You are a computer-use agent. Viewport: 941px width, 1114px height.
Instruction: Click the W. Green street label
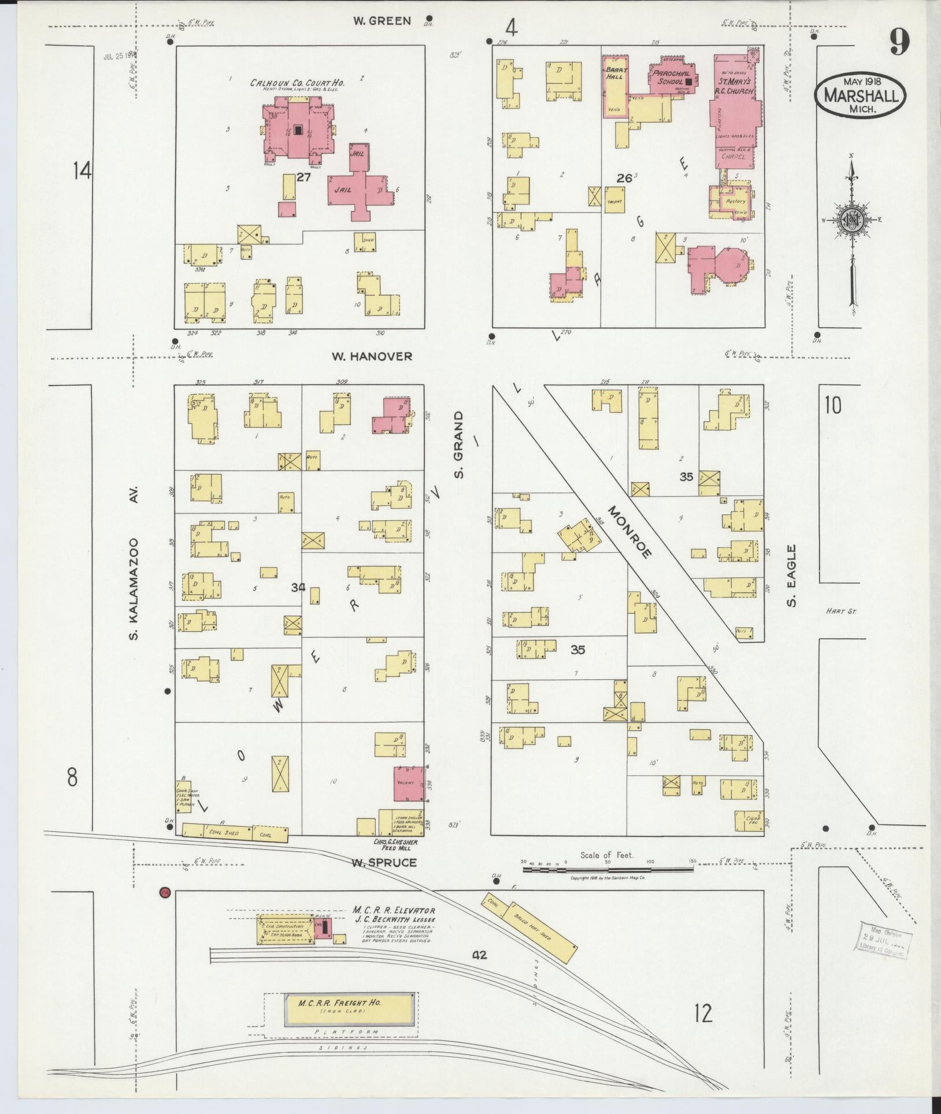tap(382, 21)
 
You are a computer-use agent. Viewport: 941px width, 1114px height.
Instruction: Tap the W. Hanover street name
tap(372, 357)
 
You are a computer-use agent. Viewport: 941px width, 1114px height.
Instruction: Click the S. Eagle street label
tap(792, 576)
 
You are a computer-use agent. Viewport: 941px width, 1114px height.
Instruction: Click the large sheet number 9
tap(899, 42)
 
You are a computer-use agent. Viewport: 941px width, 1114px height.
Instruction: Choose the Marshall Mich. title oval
tap(860, 95)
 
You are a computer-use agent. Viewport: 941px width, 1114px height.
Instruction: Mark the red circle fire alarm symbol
tap(165, 893)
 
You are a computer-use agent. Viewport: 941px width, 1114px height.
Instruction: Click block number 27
tap(303, 177)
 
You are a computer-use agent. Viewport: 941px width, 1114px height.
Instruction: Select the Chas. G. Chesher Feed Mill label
tap(396, 845)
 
